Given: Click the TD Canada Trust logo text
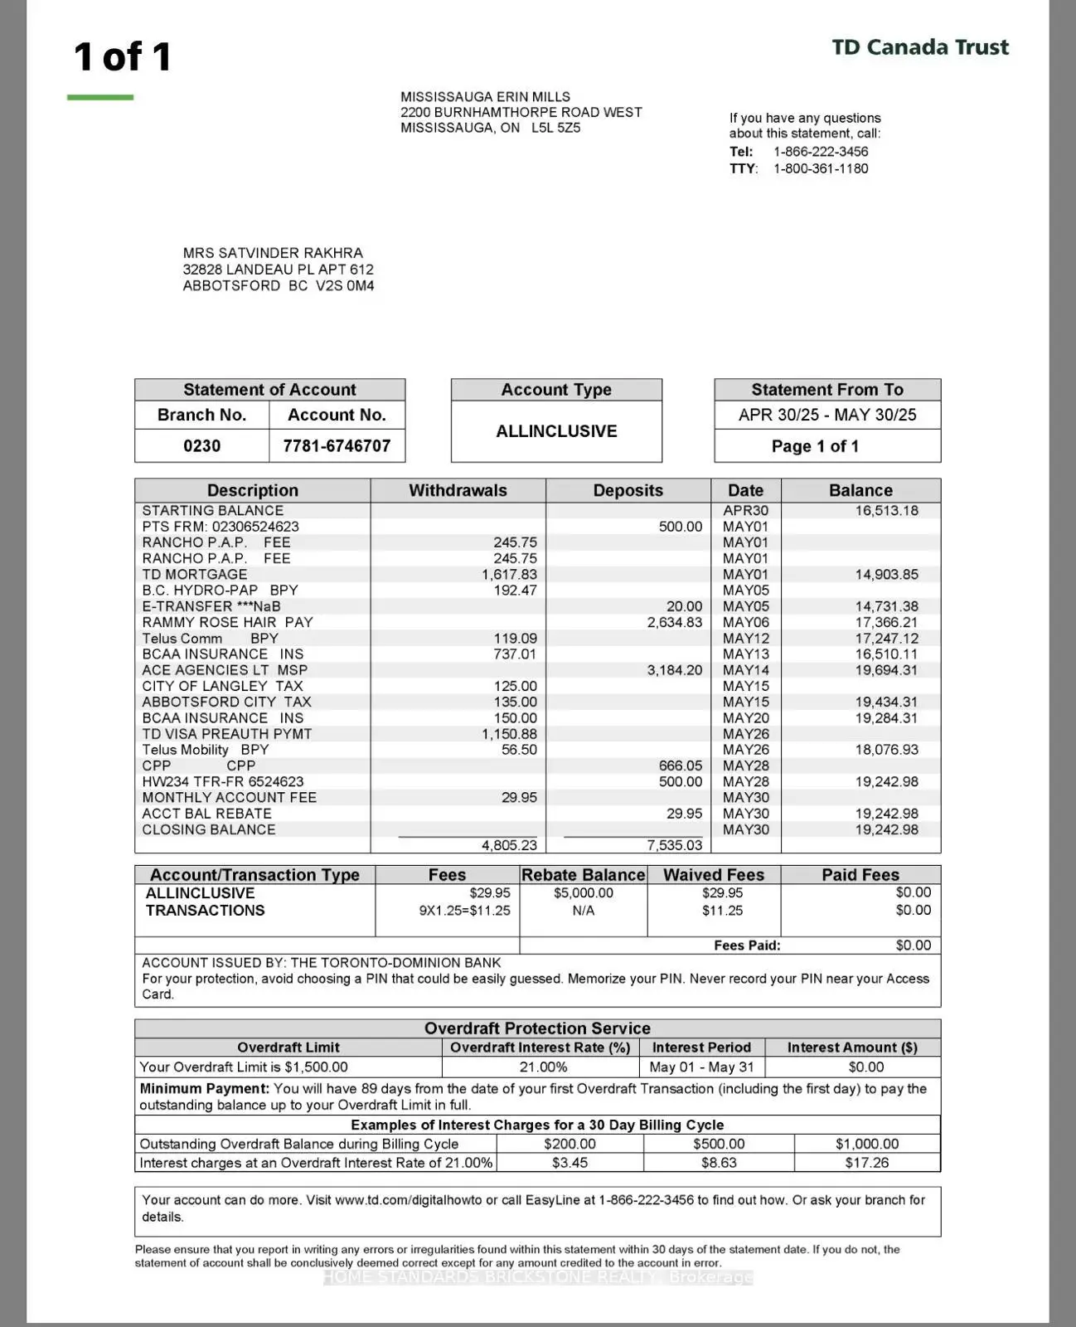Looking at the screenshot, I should (x=920, y=47).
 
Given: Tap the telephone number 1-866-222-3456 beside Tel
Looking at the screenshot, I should (x=821, y=152).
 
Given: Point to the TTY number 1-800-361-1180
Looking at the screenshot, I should (x=821, y=168).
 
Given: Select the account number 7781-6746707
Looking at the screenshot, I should (x=337, y=446).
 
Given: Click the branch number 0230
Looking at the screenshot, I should (x=201, y=446).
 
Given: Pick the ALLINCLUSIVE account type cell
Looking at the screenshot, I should (x=556, y=431).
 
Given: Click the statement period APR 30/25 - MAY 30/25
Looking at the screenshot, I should (x=827, y=415).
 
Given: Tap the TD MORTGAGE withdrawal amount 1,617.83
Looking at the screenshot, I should (x=509, y=575).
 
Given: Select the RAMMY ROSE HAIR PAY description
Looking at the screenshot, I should (x=227, y=622).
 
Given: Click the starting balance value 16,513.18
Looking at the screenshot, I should (x=886, y=511).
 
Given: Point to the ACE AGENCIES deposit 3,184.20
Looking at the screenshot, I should (x=674, y=670).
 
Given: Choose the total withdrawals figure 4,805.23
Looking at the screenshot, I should (x=509, y=845).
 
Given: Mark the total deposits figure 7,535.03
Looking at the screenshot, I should (x=674, y=845).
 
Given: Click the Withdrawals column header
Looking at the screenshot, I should (x=458, y=490).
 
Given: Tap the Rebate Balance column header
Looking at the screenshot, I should (x=583, y=875).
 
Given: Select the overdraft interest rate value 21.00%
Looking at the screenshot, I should (x=543, y=1067).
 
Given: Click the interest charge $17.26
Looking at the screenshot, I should (x=867, y=1163).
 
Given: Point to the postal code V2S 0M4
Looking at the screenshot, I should (x=345, y=286).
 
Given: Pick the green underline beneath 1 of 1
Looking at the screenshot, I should (x=100, y=98).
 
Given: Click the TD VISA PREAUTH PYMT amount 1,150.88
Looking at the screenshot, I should (x=509, y=734).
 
